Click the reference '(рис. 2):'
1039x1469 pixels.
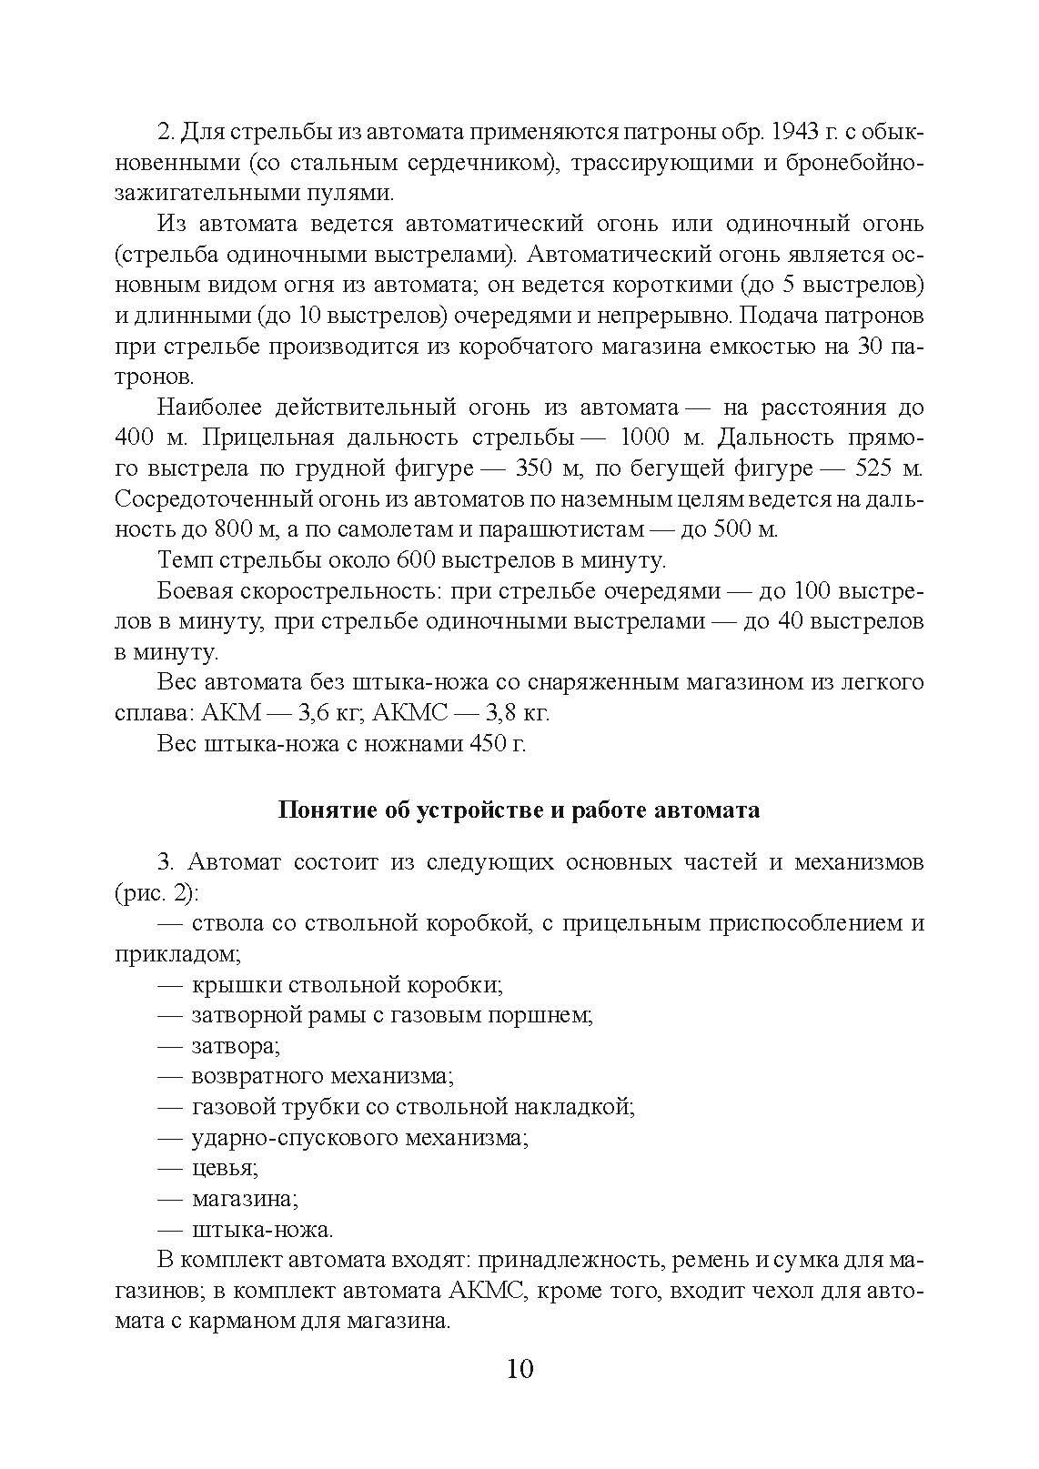click(x=156, y=893)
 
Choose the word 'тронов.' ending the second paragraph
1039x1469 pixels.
click(x=155, y=377)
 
